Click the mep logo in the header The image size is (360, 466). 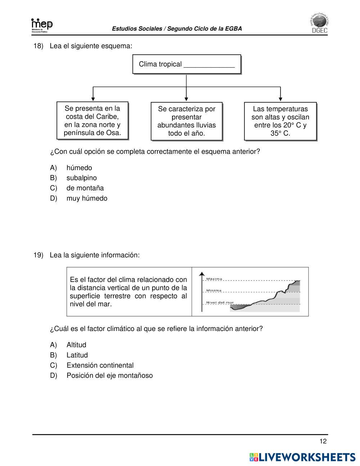pyautogui.click(x=42, y=26)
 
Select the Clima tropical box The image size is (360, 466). pyautogui.click(x=186, y=64)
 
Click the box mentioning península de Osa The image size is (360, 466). pyautogui.click(x=92, y=121)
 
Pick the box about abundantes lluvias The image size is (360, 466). pyautogui.click(x=186, y=121)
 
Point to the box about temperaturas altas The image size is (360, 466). pyautogui.click(x=280, y=121)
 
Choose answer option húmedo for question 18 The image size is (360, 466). pyautogui.click(x=79, y=168)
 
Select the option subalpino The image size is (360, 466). pyautogui.click(x=81, y=178)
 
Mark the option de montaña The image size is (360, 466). pyautogui.click(x=85, y=188)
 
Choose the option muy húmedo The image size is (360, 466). pyautogui.click(x=87, y=198)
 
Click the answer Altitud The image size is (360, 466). pyautogui.click(x=76, y=345)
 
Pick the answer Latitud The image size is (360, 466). pyautogui.click(x=77, y=355)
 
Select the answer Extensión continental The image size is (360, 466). pyautogui.click(x=100, y=365)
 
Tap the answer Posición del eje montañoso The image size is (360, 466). pyautogui.click(x=109, y=376)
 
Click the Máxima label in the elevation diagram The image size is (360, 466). pyautogui.click(x=214, y=279)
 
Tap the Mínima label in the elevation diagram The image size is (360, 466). pyautogui.click(x=213, y=290)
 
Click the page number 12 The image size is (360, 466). pyautogui.click(x=323, y=442)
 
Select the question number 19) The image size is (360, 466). pyautogui.click(x=38, y=255)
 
